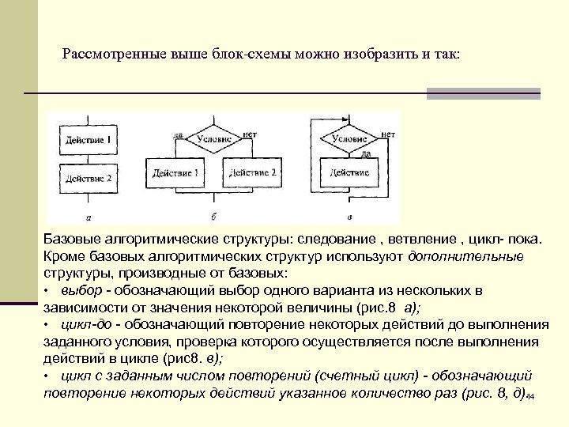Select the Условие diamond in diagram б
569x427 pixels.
213,138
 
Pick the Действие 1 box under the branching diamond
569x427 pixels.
175,172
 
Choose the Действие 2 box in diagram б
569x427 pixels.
251,172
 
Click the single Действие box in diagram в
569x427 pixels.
349,172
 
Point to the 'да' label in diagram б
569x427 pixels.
179,134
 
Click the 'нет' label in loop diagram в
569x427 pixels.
387,134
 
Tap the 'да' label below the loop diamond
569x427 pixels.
366,154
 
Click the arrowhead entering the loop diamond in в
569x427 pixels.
349,122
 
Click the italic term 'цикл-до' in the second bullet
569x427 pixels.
76,325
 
